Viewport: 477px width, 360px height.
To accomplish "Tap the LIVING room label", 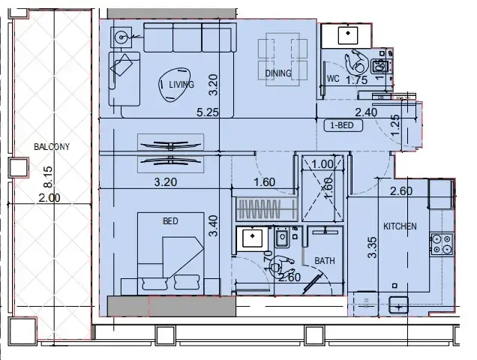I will (x=181, y=85).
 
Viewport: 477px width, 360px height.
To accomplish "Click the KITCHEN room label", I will (x=400, y=226).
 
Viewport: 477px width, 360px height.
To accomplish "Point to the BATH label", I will (x=325, y=261).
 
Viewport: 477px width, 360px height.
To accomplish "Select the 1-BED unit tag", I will (x=342, y=126).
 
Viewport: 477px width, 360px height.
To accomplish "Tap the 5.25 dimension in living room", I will (x=207, y=112).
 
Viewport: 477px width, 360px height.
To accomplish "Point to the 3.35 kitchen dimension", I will (x=371, y=248).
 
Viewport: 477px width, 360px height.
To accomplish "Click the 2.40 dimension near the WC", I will (x=365, y=112).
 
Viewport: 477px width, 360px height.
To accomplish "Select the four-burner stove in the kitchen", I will (x=442, y=244).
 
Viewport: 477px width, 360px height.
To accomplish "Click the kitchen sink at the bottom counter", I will (x=398, y=304).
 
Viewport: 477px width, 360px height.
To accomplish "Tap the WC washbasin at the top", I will (x=348, y=34).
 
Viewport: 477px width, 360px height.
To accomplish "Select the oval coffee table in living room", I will (x=171, y=88).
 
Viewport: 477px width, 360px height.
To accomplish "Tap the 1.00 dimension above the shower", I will (x=321, y=165).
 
